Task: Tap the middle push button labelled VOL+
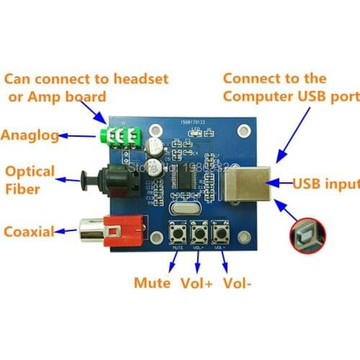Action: (x=199, y=233)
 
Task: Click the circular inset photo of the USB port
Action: (x=308, y=235)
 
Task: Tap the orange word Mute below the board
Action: (x=152, y=282)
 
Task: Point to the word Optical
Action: (x=30, y=171)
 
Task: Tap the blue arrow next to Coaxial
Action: (x=68, y=232)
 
